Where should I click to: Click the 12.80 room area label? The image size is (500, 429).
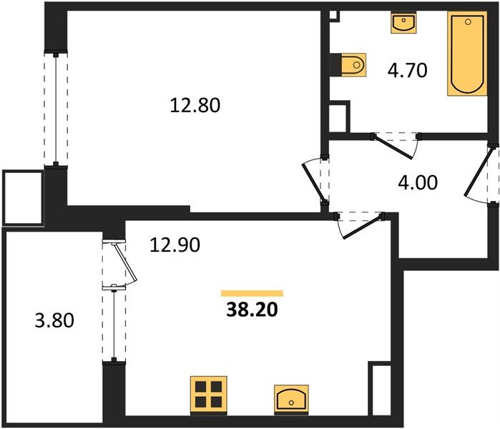(195, 106)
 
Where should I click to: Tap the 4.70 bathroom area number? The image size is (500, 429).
(407, 71)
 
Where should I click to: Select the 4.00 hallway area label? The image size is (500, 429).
(418, 182)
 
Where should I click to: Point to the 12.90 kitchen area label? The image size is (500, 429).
(175, 245)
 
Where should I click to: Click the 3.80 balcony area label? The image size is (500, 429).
(54, 320)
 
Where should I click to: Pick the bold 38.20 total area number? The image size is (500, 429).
(252, 310)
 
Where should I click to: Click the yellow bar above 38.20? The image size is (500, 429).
(252, 293)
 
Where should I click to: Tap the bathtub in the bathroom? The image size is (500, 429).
(467, 53)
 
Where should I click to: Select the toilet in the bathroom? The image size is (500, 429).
(353, 65)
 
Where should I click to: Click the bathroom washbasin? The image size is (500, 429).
(403, 22)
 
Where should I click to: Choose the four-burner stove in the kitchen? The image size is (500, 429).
(209, 395)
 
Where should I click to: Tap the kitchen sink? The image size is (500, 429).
(291, 400)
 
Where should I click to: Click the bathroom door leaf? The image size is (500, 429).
(395, 147)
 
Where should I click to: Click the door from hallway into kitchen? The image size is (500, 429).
(361, 227)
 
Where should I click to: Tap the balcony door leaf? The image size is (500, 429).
(125, 263)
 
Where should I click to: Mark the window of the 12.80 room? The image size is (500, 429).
(56, 109)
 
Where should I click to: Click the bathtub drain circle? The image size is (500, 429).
(468, 21)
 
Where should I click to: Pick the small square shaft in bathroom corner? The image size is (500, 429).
(333, 15)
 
